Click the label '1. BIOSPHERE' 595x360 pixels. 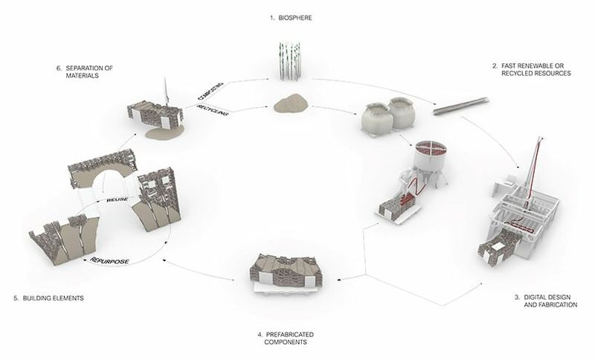tap(291, 18)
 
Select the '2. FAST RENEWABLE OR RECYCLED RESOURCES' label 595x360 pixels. tap(531, 69)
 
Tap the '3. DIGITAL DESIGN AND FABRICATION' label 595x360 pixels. tap(546, 300)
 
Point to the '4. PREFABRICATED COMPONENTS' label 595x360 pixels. tap(286, 338)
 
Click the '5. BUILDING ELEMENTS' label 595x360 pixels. tap(48, 298)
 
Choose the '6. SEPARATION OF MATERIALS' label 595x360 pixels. tap(85, 71)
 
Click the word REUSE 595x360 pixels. tap(118, 199)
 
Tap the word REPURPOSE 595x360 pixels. tap(109, 261)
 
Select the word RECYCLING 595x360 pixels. tap(213, 110)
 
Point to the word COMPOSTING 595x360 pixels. tap(210, 91)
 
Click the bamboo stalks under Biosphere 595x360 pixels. tap(290, 61)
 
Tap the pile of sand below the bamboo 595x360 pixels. tap(292, 104)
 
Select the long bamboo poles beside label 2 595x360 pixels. tap(460, 106)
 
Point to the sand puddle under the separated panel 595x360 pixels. tap(165, 132)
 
